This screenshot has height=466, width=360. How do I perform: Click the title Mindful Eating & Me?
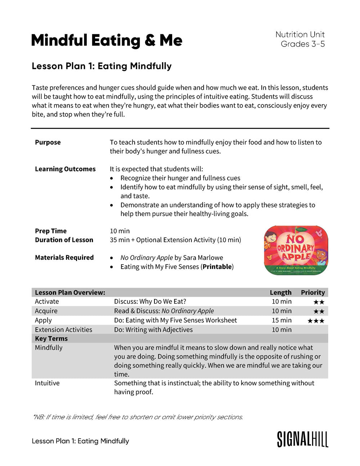click(107, 40)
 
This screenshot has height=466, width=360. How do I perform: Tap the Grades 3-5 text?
click(302, 44)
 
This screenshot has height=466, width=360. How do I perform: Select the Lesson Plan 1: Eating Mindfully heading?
click(102, 66)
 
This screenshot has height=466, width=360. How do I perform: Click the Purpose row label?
click(48, 142)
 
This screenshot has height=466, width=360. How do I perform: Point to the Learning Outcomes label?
click(65, 169)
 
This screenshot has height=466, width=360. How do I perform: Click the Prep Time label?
click(51, 231)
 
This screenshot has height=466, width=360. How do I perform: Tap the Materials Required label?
click(64, 257)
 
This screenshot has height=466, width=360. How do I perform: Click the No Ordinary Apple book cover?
click(296, 250)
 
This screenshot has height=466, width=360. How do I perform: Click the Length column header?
click(280, 292)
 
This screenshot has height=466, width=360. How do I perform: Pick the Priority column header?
click(313, 292)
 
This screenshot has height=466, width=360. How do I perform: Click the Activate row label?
click(47, 301)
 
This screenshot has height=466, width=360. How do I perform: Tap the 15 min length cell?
click(282, 320)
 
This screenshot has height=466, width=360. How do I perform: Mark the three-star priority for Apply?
click(316, 321)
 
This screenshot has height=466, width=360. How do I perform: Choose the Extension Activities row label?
click(63, 330)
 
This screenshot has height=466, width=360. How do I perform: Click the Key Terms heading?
click(51, 339)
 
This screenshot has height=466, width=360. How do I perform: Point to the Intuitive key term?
click(47, 383)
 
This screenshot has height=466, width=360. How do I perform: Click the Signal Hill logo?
click(302, 439)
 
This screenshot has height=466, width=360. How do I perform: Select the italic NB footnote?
click(138, 417)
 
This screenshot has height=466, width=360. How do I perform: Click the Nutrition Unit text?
click(300, 35)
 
